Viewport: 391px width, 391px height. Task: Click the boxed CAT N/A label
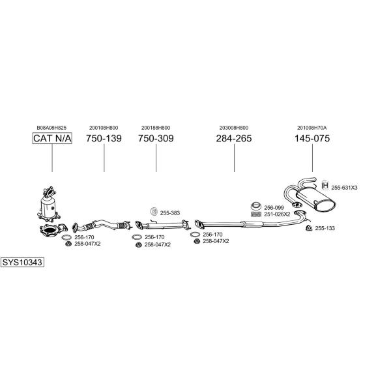[52, 139]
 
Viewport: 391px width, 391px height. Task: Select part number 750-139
[104, 139]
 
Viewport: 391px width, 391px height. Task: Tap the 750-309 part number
[156, 139]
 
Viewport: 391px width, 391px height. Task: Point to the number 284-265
[234, 139]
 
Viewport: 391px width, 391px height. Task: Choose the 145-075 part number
[312, 139]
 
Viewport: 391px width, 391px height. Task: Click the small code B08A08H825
[52, 127]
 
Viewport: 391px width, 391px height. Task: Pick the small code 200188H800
[156, 127]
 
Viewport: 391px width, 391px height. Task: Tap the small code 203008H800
[234, 127]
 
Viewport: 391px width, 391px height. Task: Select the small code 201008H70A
[312, 127]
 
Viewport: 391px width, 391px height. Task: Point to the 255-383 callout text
[169, 212]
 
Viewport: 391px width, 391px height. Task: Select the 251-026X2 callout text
[276, 214]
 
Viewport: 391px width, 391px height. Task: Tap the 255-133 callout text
[325, 228]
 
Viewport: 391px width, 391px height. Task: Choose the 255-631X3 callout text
[344, 188]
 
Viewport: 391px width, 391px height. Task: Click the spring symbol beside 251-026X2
[256, 214]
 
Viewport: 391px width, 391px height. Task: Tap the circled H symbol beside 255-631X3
[326, 187]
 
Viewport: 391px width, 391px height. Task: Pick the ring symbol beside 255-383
[154, 212]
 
